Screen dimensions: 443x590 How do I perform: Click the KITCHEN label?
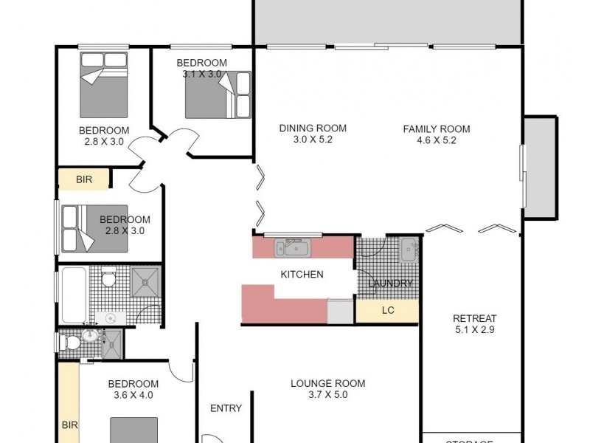pos(302,275)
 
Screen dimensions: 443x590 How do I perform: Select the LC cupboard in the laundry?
pos(387,311)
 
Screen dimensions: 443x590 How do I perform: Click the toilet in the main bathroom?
pos(108,278)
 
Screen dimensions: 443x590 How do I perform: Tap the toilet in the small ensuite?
pos(70,343)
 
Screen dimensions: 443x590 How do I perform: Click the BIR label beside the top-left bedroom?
pos(84,179)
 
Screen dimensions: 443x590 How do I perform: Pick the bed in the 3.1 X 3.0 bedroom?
pos(218,95)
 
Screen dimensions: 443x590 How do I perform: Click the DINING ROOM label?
pos(313,128)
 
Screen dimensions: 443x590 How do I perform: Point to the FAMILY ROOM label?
pos(436,129)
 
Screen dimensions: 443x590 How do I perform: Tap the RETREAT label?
pos(474,318)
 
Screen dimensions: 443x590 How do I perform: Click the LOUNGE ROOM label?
pos(327,383)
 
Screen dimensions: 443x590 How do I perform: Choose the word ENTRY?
pos(226,408)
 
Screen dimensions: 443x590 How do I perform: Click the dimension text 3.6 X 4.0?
pos(133,395)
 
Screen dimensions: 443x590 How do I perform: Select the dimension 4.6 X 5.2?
pos(436,140)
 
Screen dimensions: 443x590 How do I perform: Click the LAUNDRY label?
pos(389,284)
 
